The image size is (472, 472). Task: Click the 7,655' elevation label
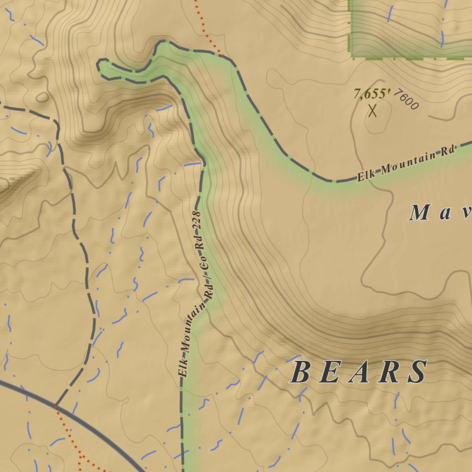(x=372, y=94)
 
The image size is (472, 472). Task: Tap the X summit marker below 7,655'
(x=372, y=111)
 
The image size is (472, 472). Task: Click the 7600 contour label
(x=407, y=101)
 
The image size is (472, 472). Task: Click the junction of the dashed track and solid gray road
(x=55, y=407)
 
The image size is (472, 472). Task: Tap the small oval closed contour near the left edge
(x=42, y=97)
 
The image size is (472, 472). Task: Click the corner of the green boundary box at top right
(x=352, y=57)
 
